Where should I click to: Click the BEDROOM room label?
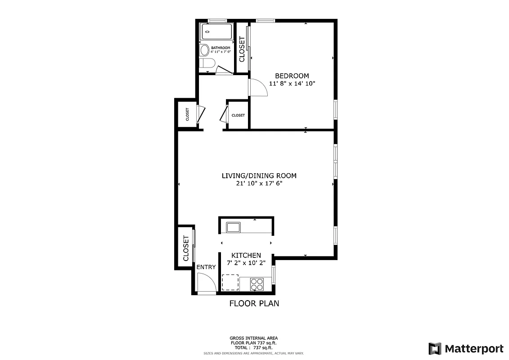pyautogui.click(x=292, y=76)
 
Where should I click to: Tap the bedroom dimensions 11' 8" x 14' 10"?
pyautogui.click(x=292, y=83)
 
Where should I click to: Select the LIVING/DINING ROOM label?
pyautogui.click(x=259, y=175)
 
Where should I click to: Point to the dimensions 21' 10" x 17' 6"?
pyautogui.click(x=259, y=184)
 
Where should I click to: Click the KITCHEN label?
pyautogui.click(x=246, y=255)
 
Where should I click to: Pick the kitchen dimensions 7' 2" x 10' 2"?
pyautogui.click(x=246, y=263)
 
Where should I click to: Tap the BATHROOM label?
pyautogui.click(x=221, y=48)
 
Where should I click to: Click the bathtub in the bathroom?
pyautogui.click(x=216, y=31)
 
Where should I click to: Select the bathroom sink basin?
pyautogui.click(x=204, y=49)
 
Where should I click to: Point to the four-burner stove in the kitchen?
pyautogui.click(x=257, y=284)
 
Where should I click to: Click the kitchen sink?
pyautogui.click(x=233, y=227)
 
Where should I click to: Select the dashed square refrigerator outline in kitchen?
pyautogui.click(x=230, y=282)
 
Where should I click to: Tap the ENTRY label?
pyautogui.click(x=206, y=267)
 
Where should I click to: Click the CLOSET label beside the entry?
pyautogui.click(x=186, y=248)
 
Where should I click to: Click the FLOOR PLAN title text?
pyautogui.click(x=254, y=303)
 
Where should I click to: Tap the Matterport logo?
pyautogui.click(x=465, y=348)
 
